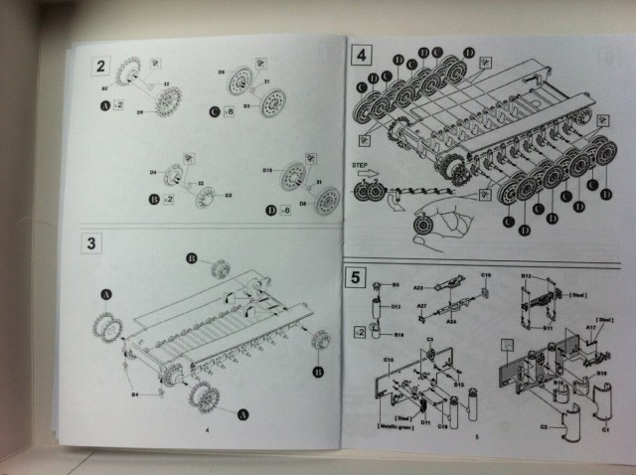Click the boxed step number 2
click(x=100, y=67)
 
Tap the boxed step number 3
click(x=92, y=242)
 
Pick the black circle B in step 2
click(x=153, y=199)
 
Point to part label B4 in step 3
click(x=136, y=395)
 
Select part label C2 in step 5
click(x=545, y=427)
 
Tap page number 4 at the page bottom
click(x=206, y=430)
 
